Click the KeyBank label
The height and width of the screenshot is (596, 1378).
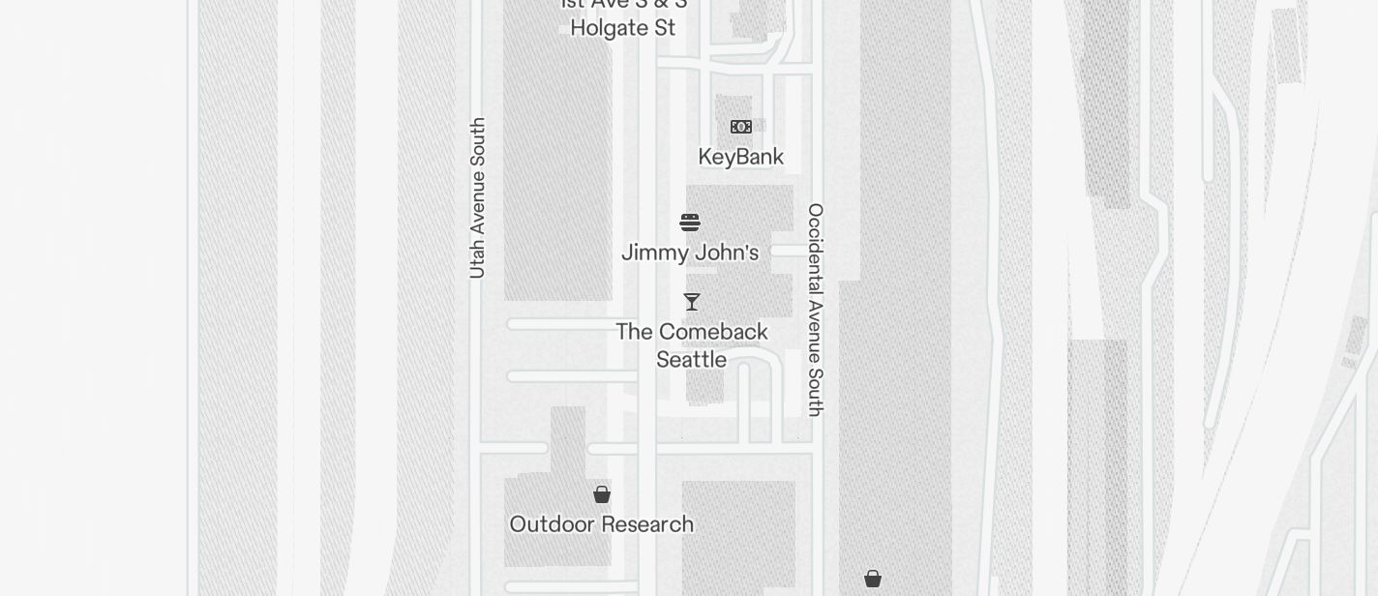click(x=740, y=157)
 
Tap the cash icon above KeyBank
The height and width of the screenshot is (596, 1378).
click(x=741, y=127)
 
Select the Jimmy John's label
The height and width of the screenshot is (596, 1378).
click(x=689, y=253)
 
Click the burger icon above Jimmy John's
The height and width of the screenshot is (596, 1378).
click(x=690, y=223)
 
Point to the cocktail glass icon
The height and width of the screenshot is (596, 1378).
click(x=692, y=302)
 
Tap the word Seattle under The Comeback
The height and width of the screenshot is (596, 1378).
click(x=691, y=360)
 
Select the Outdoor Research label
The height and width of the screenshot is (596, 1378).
click(x=601, y=524)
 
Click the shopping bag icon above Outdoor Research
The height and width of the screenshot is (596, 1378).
click(x=602, y=494)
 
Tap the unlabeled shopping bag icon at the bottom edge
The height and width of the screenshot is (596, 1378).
click(x=873, y=579)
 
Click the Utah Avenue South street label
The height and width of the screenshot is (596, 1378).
click(x=477, y=198)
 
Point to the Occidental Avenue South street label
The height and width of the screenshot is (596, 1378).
click(x=816, y=310)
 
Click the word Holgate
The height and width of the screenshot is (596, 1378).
click(x=608, y=28)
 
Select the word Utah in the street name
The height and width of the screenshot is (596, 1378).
click(x=477, y=260)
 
